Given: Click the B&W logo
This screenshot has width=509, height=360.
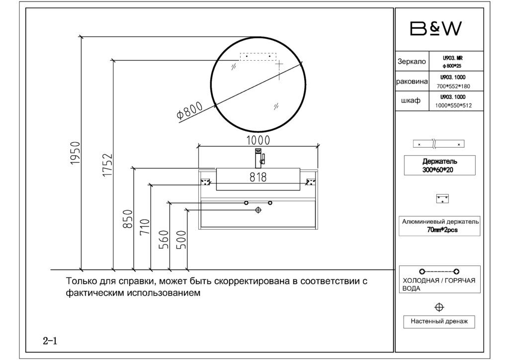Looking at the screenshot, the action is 435,28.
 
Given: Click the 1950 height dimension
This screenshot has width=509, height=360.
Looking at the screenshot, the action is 76,153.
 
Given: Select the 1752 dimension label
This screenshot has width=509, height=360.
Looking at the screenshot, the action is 107,165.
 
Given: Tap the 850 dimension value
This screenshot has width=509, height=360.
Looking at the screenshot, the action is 128,219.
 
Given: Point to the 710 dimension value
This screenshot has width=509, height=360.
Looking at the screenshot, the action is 145,227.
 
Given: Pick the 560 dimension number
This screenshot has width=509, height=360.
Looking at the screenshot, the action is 164,240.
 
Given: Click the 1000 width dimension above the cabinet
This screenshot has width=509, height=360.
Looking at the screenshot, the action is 258,140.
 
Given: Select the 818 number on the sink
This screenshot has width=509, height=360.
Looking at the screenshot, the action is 258,177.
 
